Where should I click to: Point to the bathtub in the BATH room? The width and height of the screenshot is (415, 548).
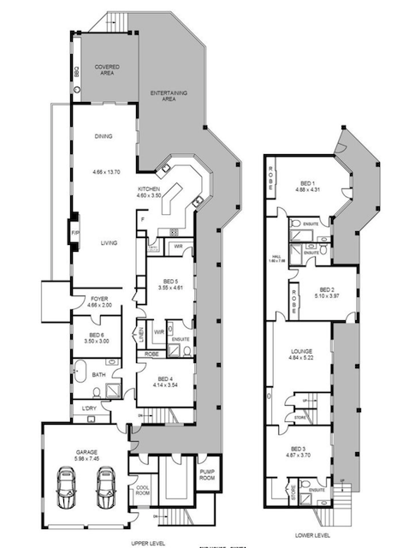pyautogui.click(x=80, y=372)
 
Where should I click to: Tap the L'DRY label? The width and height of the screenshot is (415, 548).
pyautogui.click(x=90, y=408)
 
